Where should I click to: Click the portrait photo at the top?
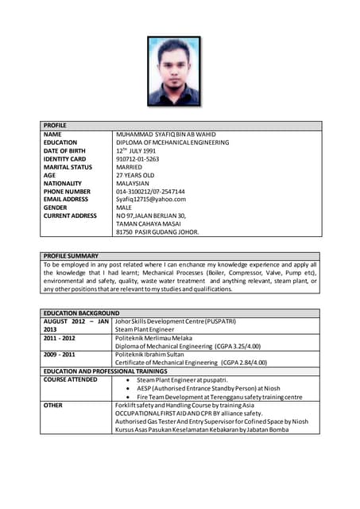pyautogui.click(x=174, y=71)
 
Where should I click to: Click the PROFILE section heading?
pyautogui.click(x=56, y=126)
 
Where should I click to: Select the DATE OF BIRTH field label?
pyautogui.click(x=65, y=150)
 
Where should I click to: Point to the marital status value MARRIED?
pyautogui.click(x=133, y=167)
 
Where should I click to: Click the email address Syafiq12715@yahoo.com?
pyautogui.click(x=155, y=200)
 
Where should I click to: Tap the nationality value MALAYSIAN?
pyautogui.click(x=137, y=183)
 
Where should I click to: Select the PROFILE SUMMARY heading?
pyautogui.click(x=71, y=255)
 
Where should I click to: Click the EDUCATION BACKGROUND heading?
pyautogui.click(x=81, y=313)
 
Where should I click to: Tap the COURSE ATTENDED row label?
pyautogui.click(x=71, y=379)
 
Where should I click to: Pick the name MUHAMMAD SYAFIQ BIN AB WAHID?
pyautogui.click(x=166, y=134)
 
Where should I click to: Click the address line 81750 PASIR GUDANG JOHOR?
pyautogui.click(x=157, y=232)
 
